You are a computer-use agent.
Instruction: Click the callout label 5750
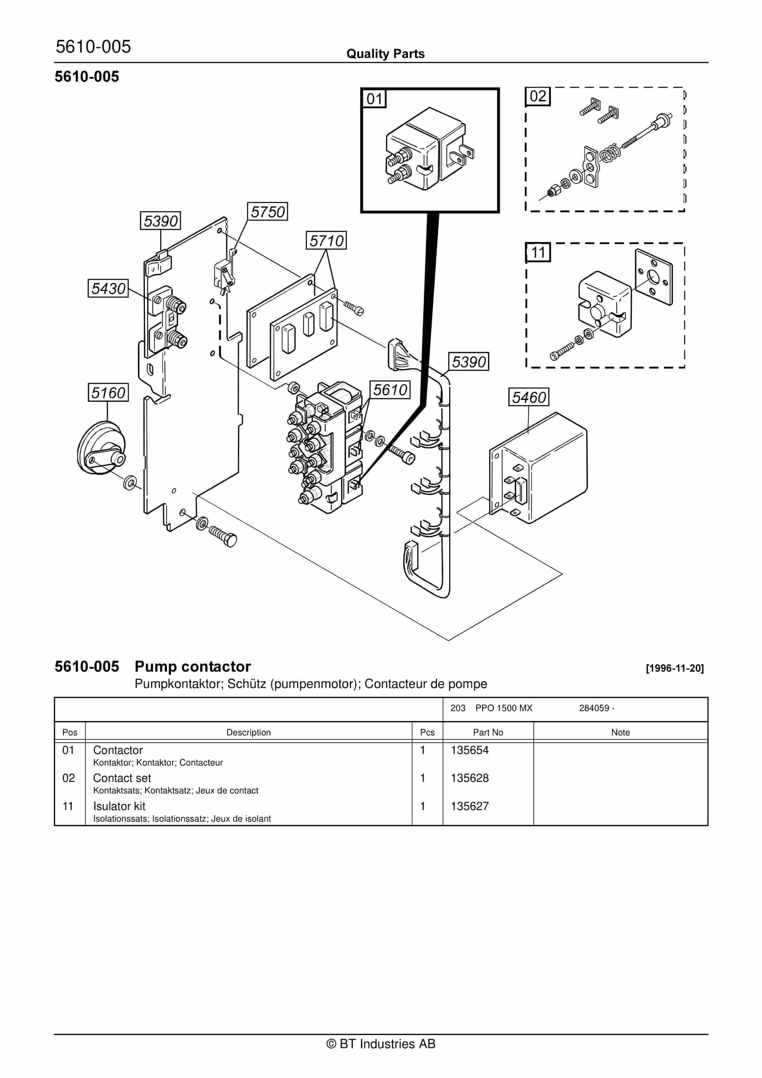click(x=267, y=212)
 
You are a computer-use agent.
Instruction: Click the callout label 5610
click(x=390, y=390)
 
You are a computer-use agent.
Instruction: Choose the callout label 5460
click(x=529, y=397)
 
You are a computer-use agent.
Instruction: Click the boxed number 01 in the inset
click(x=374, y=99)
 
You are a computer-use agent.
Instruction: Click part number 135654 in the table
click(x=470, y=750)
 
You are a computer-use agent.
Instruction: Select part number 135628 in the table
click(x=470, y=778)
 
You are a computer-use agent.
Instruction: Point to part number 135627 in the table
click(x=470, y=806)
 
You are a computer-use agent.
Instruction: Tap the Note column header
click(x=620, y=733)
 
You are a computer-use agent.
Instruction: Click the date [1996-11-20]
click(x=675, y=668)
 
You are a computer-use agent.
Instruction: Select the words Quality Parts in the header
click(x=385, y=54)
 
